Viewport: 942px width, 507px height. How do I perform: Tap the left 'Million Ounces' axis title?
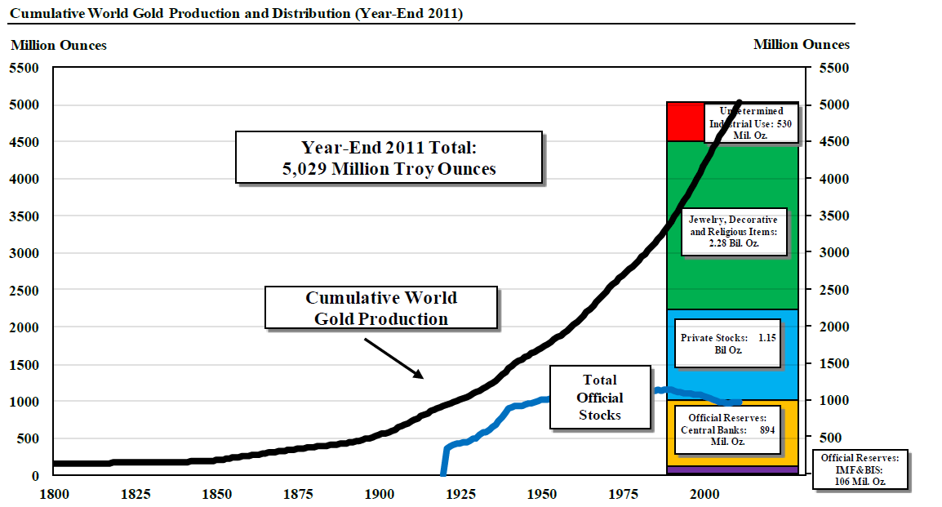pos(59,45)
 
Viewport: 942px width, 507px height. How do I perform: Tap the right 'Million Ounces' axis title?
pos(801,44)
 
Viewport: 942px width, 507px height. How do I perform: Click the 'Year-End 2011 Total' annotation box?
pos(389,158)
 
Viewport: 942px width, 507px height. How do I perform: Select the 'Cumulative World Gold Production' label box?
pos(381,307)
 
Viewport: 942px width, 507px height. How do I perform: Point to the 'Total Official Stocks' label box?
pos(600,398)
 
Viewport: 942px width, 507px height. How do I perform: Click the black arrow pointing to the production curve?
pos(393,358)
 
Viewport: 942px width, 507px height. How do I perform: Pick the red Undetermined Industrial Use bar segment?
pos(684,122)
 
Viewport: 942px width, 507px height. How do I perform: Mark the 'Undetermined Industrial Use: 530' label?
pos(750,122)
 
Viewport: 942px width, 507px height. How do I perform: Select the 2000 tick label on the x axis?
pos(705,493)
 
